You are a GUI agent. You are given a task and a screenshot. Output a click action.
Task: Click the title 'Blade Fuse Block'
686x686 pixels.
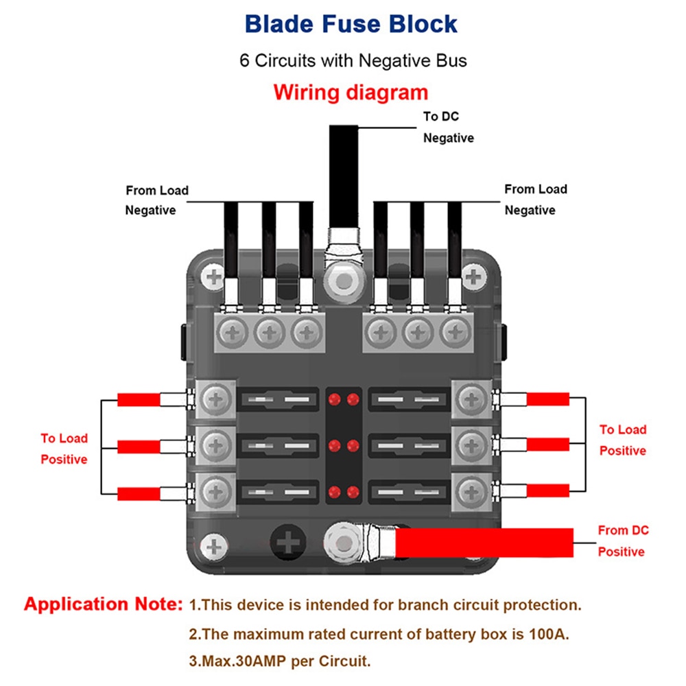351,24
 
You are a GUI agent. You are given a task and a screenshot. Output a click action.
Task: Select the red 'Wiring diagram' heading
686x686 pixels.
351,92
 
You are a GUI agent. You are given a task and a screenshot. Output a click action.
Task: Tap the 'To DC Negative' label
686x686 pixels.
448,127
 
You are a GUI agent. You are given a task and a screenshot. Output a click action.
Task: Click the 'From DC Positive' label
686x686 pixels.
622,541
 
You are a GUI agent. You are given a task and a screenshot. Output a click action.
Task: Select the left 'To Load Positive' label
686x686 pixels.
64,449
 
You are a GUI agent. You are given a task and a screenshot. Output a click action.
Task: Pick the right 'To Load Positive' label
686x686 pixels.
623,440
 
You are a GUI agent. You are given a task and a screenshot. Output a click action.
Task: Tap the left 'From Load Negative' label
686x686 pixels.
156,200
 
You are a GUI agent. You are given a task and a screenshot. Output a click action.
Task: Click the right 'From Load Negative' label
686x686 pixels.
536,200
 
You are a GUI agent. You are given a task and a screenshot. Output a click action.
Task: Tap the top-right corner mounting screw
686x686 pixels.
471,277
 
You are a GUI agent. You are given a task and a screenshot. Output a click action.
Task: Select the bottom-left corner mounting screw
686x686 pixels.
216,546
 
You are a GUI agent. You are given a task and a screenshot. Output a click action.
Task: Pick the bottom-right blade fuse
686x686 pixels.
410,491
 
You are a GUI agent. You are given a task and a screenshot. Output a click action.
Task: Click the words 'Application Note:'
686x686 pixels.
104,604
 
